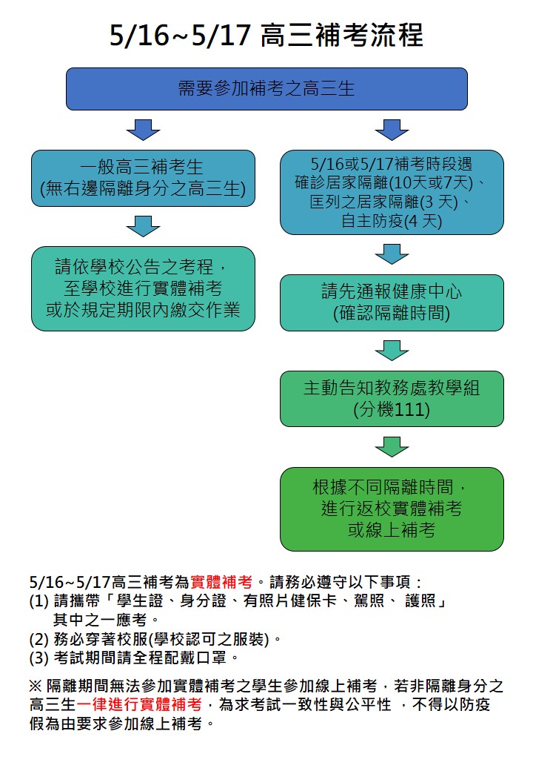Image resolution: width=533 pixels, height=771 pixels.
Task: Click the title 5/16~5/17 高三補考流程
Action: (266, 36)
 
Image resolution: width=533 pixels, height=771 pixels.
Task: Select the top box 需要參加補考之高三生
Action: (266, 89)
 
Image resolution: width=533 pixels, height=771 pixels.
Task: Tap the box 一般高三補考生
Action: (144, 178)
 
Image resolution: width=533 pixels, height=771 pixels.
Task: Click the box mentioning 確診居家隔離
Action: (392, 192)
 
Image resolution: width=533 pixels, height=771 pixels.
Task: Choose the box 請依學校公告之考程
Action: (144, 288)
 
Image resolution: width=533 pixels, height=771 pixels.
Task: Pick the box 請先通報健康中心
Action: (392, 302)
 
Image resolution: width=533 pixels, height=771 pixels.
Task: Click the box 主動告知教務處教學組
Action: (392, 399)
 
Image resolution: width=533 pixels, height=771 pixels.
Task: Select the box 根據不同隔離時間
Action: (392, 509)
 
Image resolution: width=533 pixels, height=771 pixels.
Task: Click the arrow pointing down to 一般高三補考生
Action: (144, 130)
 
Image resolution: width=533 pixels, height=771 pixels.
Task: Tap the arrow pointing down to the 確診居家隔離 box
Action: (392, 130)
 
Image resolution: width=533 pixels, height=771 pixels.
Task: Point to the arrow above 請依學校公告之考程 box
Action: (144, 226)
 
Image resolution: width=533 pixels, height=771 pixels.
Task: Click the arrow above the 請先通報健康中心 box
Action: (392, 254)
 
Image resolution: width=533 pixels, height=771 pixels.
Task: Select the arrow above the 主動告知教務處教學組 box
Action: (392, 351)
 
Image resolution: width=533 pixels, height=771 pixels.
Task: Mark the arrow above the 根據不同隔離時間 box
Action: (392, 447)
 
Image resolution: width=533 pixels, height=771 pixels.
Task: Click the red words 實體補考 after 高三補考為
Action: (221, 582)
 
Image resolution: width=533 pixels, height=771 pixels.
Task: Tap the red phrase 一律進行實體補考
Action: (139, 704)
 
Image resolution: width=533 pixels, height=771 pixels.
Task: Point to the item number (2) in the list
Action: (38, 639)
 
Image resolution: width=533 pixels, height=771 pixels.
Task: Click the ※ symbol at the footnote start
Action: (36, 686)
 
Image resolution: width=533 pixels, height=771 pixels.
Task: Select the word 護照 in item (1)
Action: (420, 601)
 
